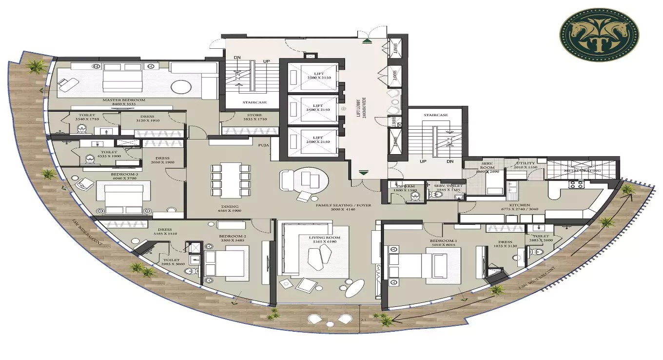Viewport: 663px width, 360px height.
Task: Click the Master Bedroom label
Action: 124,100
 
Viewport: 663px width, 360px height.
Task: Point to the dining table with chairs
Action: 231,180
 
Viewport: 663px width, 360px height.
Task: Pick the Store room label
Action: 255,116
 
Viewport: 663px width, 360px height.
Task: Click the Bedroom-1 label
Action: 443,241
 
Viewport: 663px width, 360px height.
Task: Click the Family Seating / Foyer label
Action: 343,205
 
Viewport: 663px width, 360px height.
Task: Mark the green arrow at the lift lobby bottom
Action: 363,172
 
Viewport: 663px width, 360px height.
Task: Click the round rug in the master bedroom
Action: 181,87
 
